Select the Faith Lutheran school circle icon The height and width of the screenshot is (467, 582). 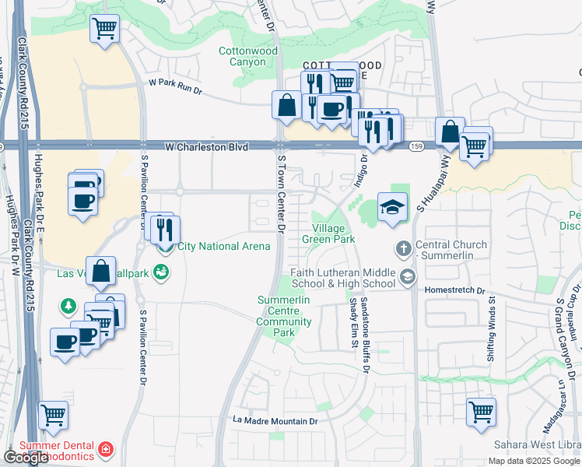click(x=407, y=277)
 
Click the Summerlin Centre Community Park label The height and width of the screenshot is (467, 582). click(x=285, y=316)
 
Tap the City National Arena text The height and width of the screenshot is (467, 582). click(x=224, y=247)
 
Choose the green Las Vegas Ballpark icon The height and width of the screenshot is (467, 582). click(x=161, y=272)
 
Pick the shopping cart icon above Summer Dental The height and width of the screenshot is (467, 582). click(x=54, y=416)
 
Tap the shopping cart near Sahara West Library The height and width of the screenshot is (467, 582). click(x=482, y=410)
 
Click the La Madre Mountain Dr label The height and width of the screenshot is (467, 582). click(x=276, y=421)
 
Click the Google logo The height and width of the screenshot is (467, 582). click(x=26, y=458)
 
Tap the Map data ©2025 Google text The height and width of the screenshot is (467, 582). click(x=533, y=461)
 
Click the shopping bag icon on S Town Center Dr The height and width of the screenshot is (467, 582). click(x=286, y=105)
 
